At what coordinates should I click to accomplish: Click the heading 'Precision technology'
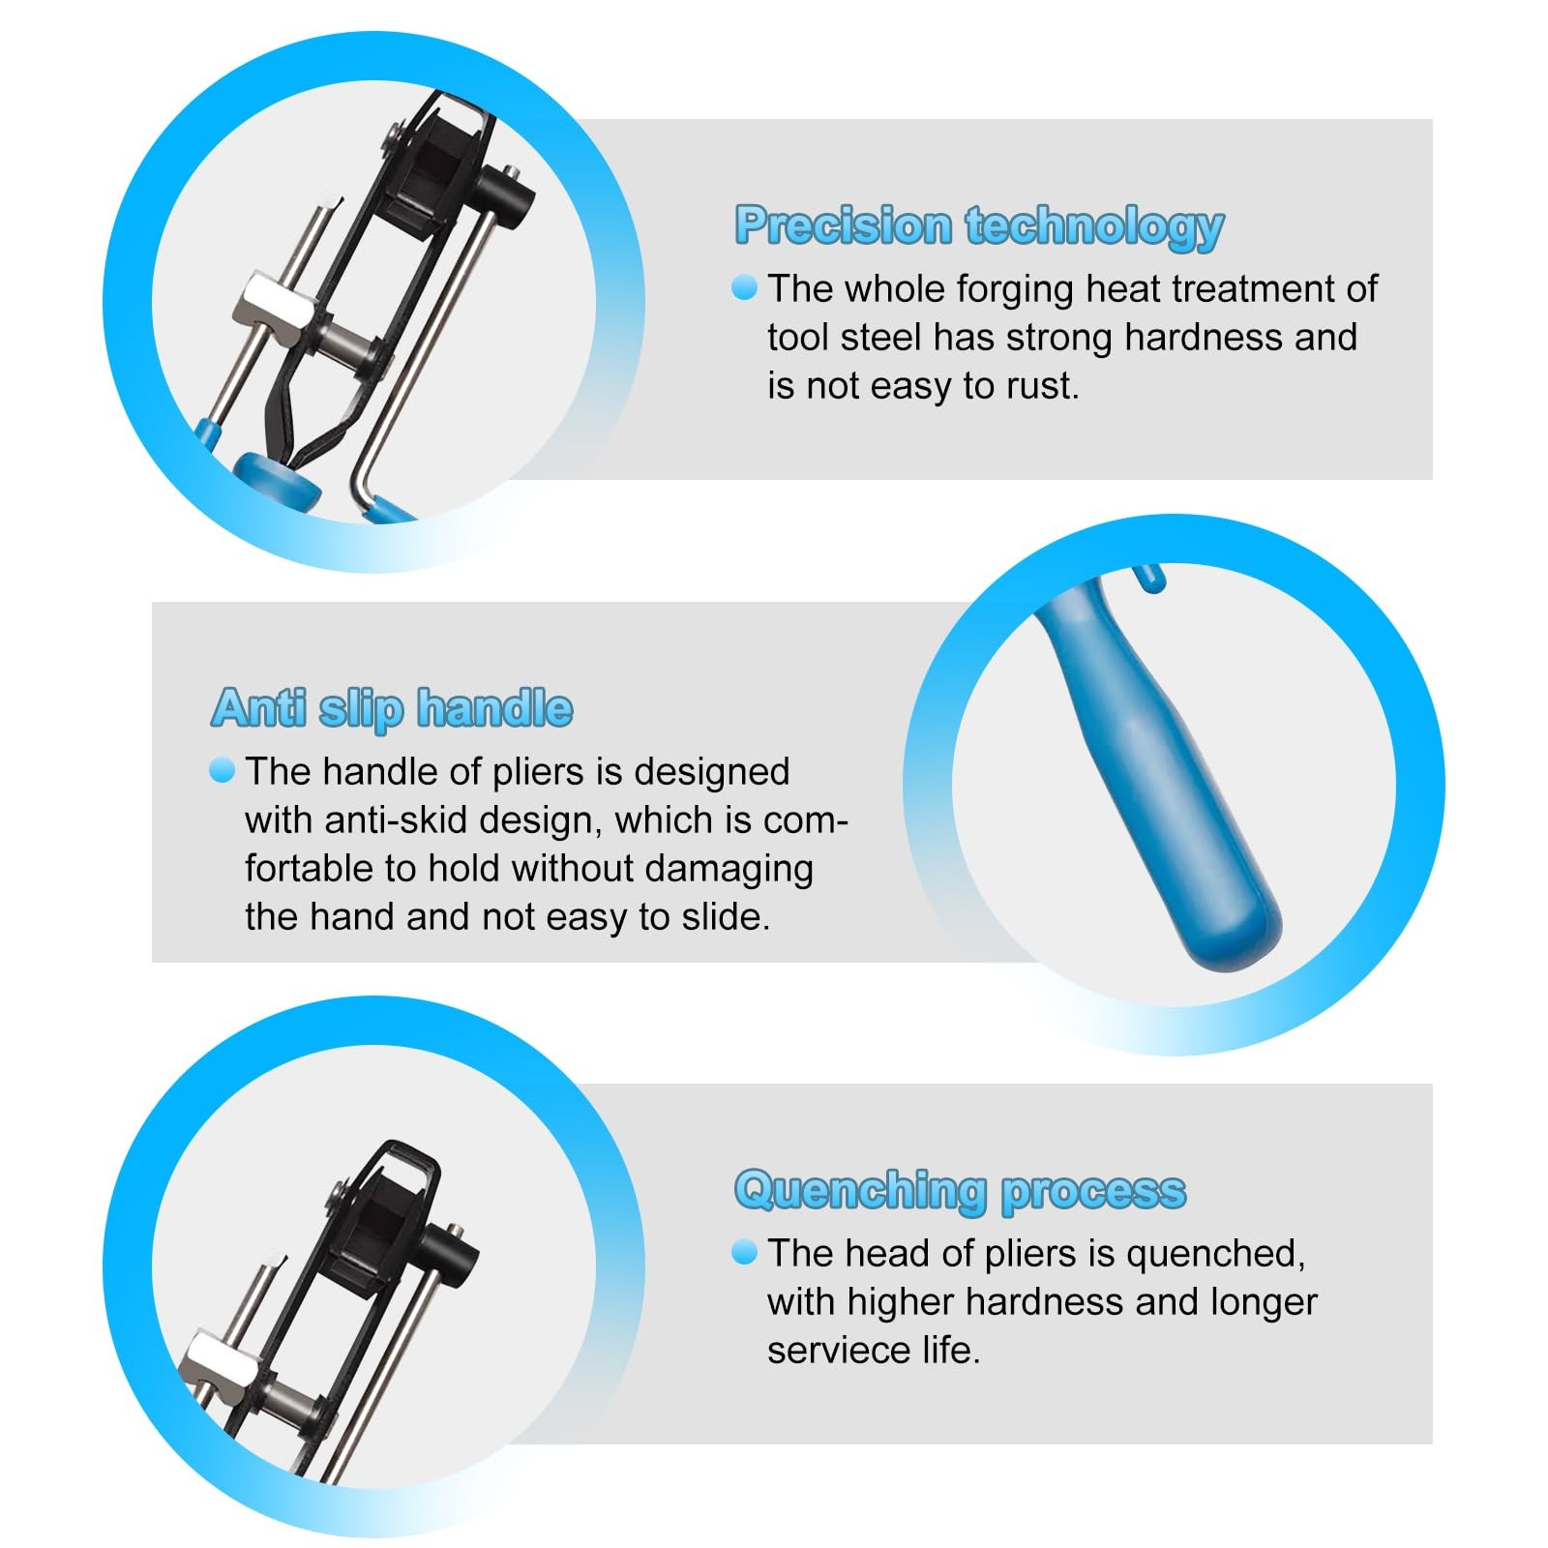click(979, 227)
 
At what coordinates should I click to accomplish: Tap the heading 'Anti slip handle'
click(392, 708)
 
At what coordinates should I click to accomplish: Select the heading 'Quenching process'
click(960, 1191)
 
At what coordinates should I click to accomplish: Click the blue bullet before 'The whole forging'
click(744, 287)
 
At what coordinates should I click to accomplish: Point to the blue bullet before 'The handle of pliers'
click(222, 770)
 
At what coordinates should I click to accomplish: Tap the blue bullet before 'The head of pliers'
click(744, 1253)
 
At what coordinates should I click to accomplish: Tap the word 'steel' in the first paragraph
click(880, 338)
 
